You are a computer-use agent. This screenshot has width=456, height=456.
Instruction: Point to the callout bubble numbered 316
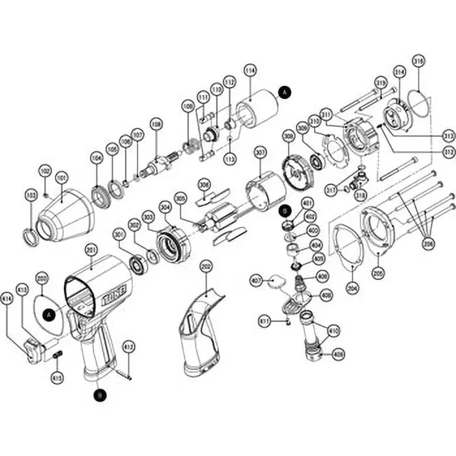click(x=418, y=62)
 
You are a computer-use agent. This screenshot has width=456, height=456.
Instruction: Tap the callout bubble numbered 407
click(x=256, y=280)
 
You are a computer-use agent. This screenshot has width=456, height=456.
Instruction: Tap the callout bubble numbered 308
click(x=288, y=136)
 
